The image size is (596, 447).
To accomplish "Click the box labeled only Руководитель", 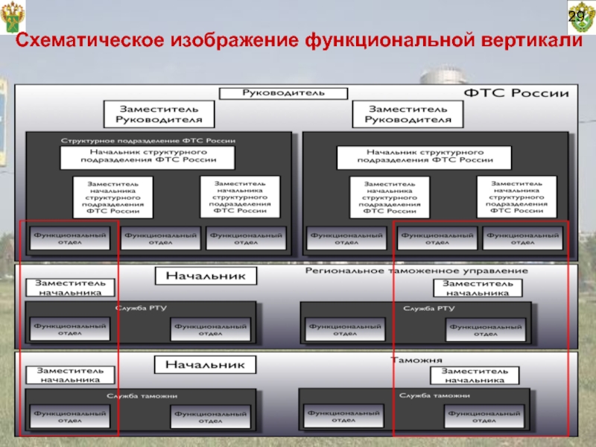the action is pos(282,94).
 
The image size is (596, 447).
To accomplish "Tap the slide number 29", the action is pos(577,17).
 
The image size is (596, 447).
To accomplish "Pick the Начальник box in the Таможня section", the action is pos(205,365).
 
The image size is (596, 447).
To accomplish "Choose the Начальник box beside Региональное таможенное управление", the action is pos(205,276).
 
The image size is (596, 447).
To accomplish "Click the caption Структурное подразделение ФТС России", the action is pos(148,140).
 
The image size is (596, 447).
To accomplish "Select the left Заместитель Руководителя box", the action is pos(158,113).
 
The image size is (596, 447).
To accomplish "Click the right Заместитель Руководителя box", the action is pos(408,113).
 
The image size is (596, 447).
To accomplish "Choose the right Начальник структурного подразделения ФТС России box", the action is pos(425,156).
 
